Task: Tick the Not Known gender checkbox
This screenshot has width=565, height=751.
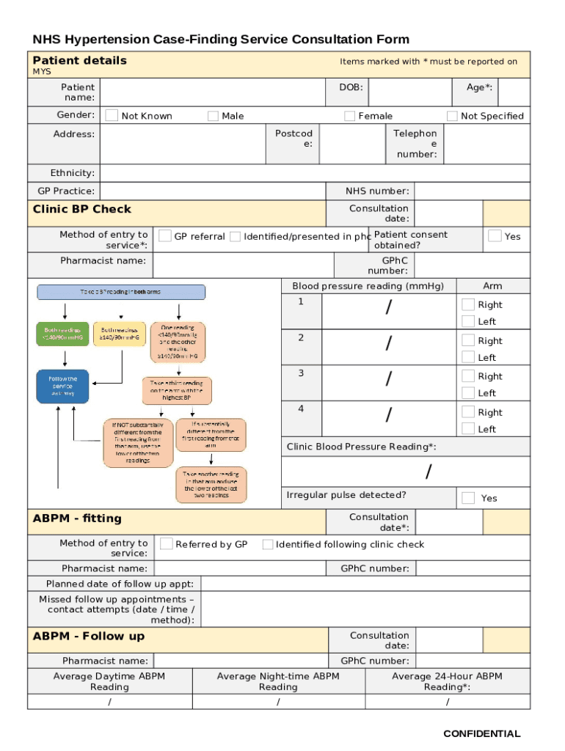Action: (x=112, y=115)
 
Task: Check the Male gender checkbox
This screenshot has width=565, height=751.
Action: (x=213, y=116)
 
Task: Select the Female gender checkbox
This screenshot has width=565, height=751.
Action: (x=350, y=116)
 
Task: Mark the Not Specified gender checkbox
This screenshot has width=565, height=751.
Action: (x=452, y=116)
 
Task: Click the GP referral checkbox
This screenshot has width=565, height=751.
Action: (x=166, y=236)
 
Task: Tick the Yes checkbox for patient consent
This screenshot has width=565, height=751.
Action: (x=495, y=235)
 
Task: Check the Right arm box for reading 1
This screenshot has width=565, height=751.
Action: (x=468, y=304)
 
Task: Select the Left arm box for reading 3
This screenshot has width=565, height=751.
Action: (x=468, y=392)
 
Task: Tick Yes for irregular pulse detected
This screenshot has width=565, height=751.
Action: (x=468, y=498)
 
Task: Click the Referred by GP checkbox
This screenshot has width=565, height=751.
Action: (x=167, y=543)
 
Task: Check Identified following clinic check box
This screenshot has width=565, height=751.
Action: (x=268, y=544)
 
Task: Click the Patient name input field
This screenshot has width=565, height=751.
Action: (x=212, y=92)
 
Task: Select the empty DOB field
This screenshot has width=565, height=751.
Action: (x=409, y=92)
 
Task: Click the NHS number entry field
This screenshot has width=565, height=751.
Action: (x=472, y=191)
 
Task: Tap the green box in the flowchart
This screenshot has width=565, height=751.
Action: (x=62, y=334)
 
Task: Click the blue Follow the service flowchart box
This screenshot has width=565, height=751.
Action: (x=62, y=386)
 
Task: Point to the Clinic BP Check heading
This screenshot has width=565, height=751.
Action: (x=82, y=209)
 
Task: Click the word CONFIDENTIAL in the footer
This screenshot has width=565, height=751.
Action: (x=481, y=733)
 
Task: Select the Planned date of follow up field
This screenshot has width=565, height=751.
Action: (x=365, y=584)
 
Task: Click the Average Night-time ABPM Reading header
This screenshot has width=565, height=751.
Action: (x=278, y=681)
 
